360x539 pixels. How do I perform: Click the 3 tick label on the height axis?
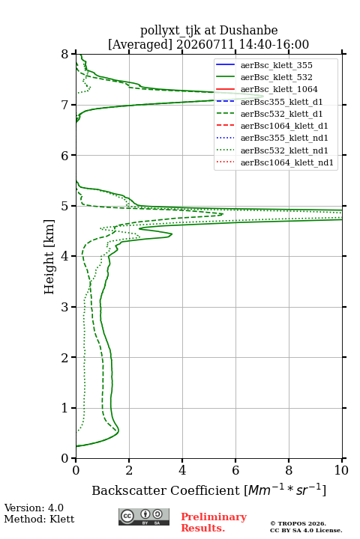(x=65, y=307)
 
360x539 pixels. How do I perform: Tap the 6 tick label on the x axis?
(x=235, y=470)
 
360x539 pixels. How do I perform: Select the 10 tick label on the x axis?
(x=341, y=470)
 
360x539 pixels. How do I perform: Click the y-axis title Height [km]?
(x=49, y=257)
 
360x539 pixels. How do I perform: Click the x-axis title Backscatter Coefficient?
(x=165, y=490)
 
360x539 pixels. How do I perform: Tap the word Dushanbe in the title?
(x=248, y=31)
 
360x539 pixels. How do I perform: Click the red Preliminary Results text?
(x=214, y=523)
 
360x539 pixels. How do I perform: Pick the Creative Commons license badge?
(x=144, y=517)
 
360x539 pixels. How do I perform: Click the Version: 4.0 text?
(x=34, y=508)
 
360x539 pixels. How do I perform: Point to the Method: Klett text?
(x=39, y=519)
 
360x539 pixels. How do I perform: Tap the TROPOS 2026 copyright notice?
(x=298, y=523)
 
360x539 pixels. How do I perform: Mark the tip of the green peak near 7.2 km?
(x=263, y=96)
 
